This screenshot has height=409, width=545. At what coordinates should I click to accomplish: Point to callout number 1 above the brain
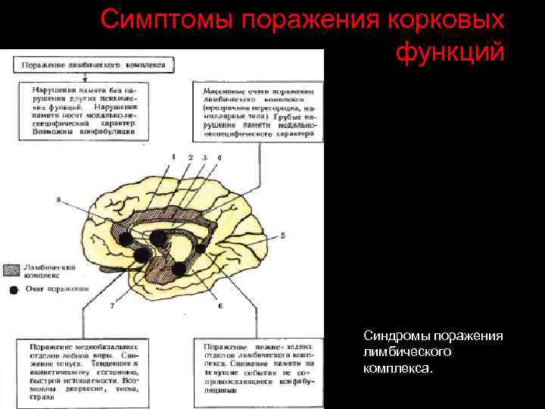coord(173,157)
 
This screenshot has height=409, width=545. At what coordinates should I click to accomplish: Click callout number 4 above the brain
coord(220,157)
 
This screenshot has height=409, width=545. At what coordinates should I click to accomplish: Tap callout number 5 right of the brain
coord(282,236)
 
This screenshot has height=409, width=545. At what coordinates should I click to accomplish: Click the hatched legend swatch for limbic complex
coord(12,271)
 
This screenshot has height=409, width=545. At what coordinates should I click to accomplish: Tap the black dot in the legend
coord(12,289)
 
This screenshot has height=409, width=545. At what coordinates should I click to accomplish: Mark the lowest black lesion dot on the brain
coord(179,267)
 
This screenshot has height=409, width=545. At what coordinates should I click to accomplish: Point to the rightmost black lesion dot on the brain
coord(200,247)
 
